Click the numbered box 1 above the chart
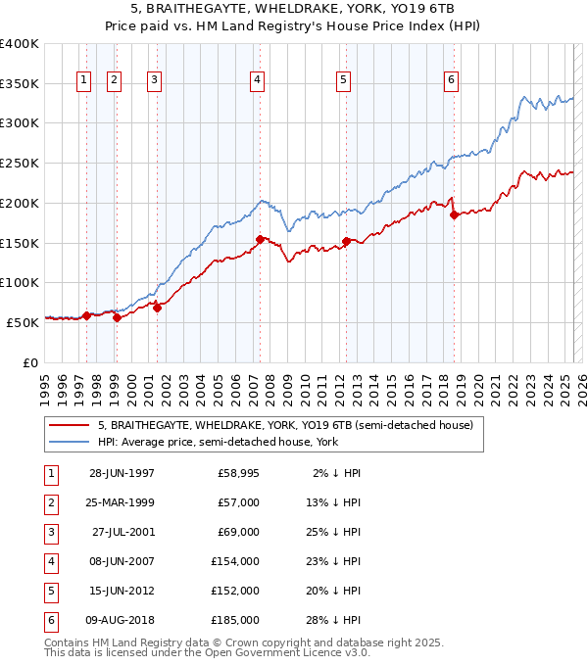[x=83, y=80]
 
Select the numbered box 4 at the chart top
[x=257, y=80]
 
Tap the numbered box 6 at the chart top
[x=451, y=80]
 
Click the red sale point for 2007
[x=260, y=239]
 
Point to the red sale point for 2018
[x=454, y=215]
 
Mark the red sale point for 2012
[x=347, y=241]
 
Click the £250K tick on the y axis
[x=20, y=163]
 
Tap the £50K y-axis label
[x=22, y=321]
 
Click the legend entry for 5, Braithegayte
[x=285, y=425]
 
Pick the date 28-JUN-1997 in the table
[x=122, y=473]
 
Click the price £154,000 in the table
[x=235, y=562]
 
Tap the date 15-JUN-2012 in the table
[x=122, y=592]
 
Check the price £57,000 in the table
[x=238, y=502]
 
